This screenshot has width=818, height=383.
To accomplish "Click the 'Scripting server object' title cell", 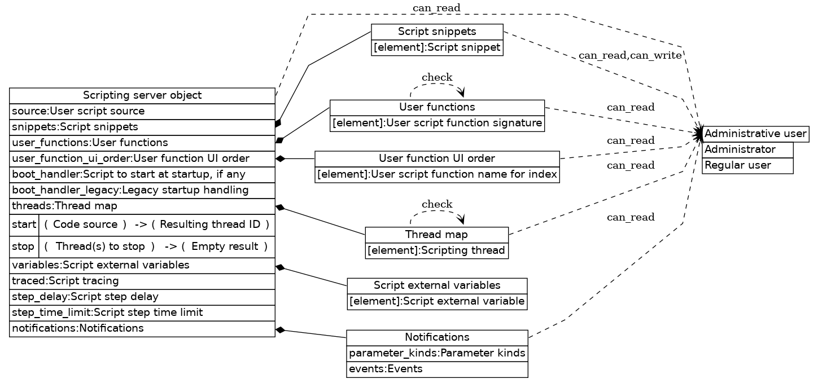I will point(142,95).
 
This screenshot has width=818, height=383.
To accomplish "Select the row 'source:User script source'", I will point(142,111).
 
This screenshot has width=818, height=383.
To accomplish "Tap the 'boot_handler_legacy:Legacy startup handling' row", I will point(142,190).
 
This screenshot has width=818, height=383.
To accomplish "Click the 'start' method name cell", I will point(24,224).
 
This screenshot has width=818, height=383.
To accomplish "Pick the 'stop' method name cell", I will point(24,246).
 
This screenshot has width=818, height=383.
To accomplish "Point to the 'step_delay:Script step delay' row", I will point(142,296).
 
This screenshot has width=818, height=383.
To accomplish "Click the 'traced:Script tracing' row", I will point(142,280).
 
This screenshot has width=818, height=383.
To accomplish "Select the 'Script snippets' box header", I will point(437,32).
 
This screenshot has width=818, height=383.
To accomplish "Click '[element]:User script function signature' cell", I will point(437,123).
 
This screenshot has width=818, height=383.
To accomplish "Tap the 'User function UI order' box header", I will point(437,159).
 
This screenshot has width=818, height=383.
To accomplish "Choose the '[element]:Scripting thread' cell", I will point(437,250).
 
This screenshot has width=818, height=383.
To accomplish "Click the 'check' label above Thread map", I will point(437,204).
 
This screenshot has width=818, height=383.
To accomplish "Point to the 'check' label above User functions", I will point(437,77).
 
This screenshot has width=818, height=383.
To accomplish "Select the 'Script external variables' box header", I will point(437,285).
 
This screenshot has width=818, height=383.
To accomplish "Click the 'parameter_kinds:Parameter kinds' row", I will point(437,353).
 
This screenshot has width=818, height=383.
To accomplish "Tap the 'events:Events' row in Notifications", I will point(437,369).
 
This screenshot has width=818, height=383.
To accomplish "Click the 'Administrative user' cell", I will point(755,134).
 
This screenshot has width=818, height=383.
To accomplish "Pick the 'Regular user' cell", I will point(747,165).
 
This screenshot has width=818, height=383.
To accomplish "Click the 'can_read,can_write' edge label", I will point(630,56).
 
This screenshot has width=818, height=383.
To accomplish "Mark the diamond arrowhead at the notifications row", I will point(279,329).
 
